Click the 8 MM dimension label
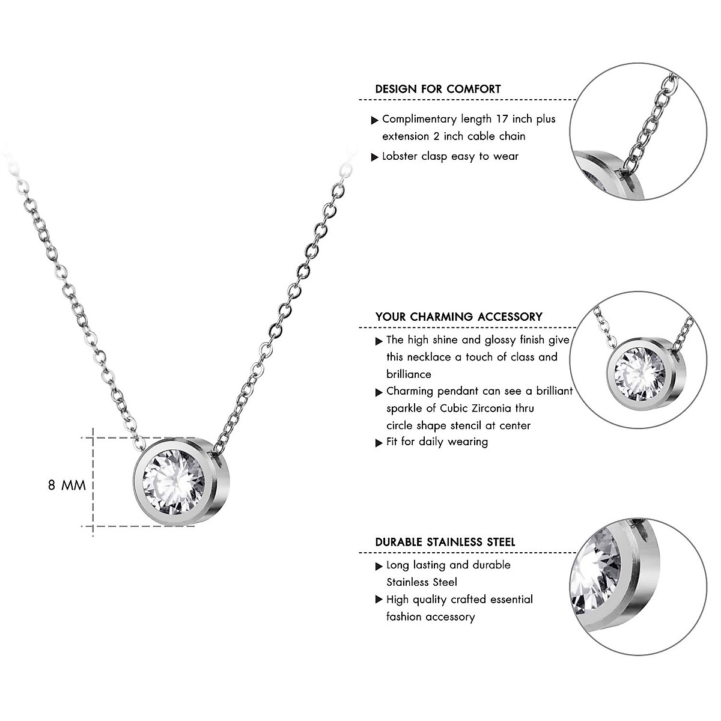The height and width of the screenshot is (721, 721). [x=67, y=485]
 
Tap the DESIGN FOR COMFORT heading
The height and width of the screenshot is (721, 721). [x=437, y=89]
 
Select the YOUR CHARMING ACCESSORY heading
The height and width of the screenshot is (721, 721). [x=458, y=317]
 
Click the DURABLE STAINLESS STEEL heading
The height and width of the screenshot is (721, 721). [x=445, y=542]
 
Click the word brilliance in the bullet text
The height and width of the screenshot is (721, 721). [x=409, y=374]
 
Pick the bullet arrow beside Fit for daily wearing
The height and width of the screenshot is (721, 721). [x=379, y=443]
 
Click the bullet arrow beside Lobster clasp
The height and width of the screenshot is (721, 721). [x=375, y=157]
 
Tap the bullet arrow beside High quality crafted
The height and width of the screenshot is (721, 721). [x=379, y=600]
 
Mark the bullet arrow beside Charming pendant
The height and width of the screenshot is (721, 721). [x=379, y=392]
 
